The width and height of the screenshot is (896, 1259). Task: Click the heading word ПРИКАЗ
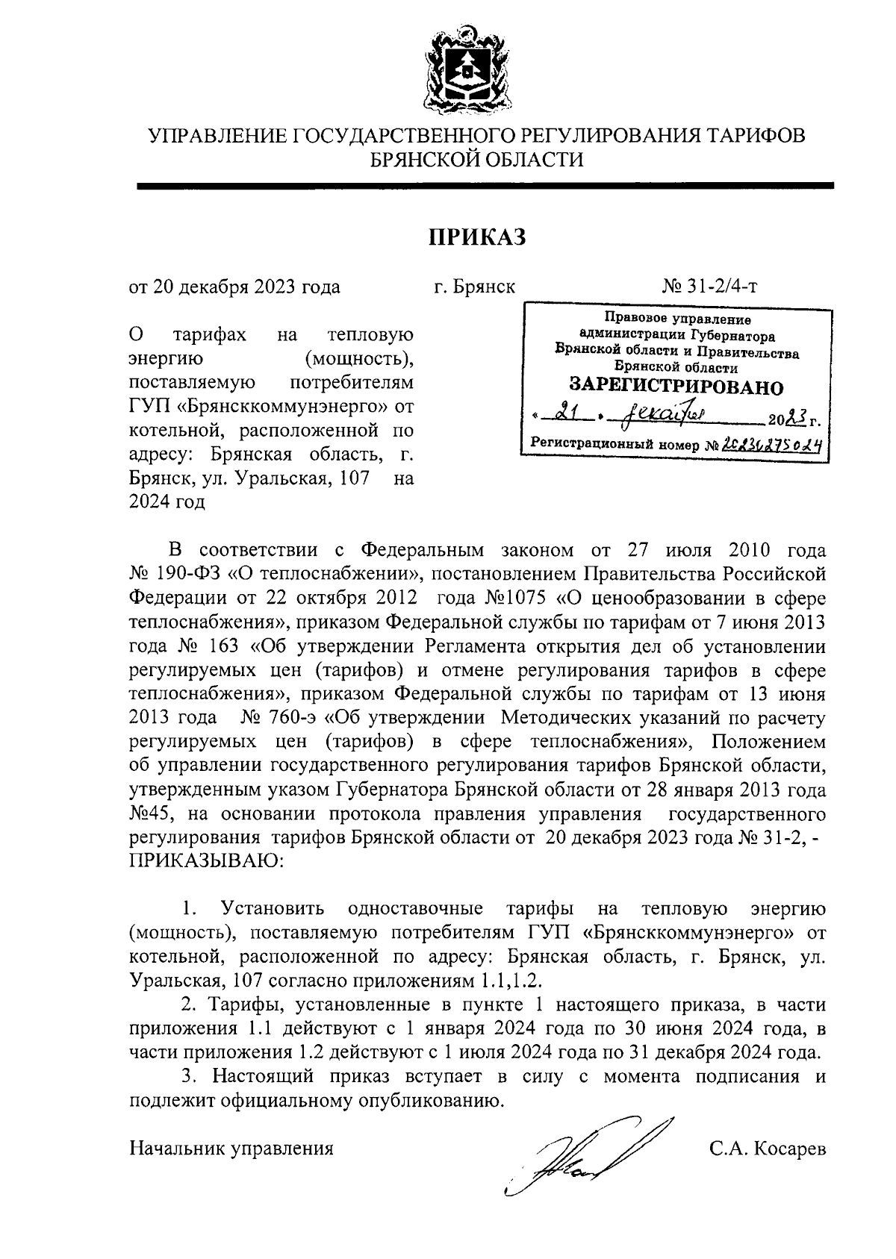(x=478, y=237)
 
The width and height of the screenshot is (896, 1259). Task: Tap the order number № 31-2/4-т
(x=710, y=287)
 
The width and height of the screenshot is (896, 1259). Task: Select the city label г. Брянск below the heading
(x=474, y=287)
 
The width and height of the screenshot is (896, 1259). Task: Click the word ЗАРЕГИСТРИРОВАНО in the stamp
(x=676, y=387)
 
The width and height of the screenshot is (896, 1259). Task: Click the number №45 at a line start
(x=149, y=813)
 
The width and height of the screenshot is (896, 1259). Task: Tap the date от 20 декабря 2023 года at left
(x=234, y=287)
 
